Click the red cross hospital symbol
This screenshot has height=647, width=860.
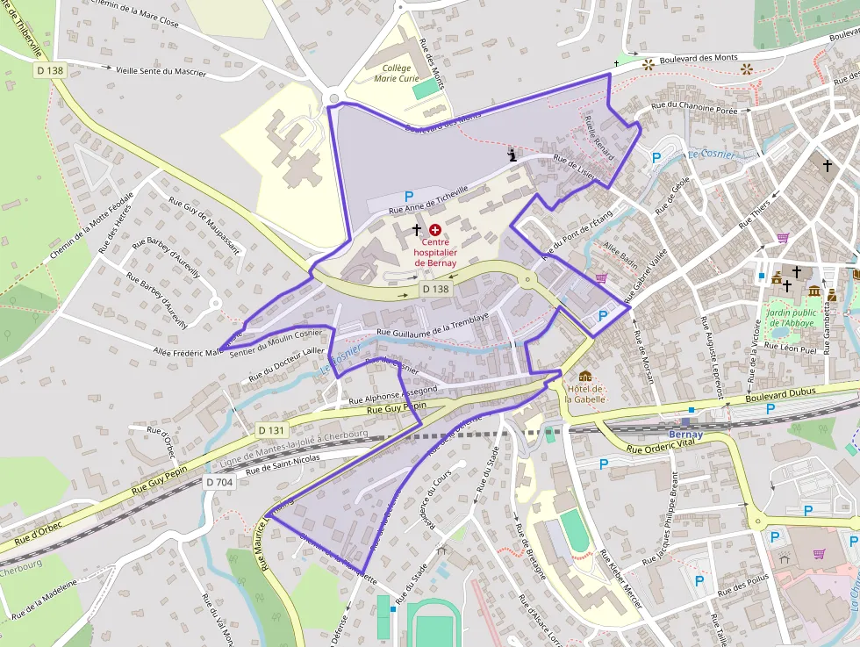tap(435, 229)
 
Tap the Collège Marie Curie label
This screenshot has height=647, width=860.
tap(397, 73)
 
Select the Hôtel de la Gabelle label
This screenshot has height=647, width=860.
tap(585, 393)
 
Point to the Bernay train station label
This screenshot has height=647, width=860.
tap(685, 435)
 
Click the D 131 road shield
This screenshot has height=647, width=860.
tap(272, 430)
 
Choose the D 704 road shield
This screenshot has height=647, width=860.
tap(219, 482)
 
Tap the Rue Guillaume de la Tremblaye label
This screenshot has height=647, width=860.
tap(432, 327)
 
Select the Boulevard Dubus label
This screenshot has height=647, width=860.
tap(782, 392)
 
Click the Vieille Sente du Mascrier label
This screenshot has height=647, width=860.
tap(161, 70)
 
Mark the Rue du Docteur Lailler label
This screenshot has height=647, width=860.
tap(286, 364)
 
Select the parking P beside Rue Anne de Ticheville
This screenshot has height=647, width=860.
tap(408, 196)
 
